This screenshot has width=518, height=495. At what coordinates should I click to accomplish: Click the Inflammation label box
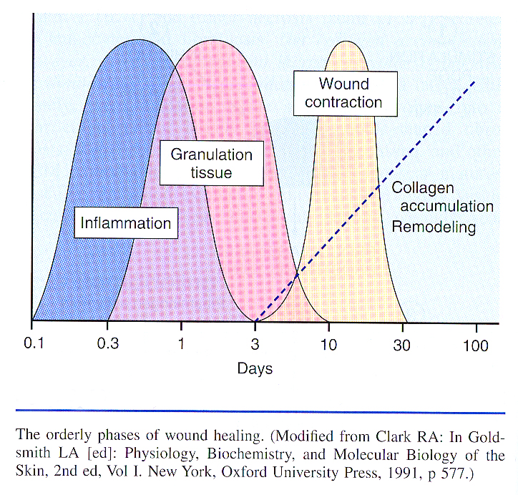(126, 223)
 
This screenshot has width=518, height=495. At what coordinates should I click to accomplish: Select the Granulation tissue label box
(212, 163)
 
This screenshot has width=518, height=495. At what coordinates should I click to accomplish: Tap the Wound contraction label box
(343, 93)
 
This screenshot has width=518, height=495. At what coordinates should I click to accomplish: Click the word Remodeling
(433, 227)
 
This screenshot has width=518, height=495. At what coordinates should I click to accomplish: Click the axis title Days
(255, 369)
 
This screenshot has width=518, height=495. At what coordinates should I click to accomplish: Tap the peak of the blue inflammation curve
(137, 38)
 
